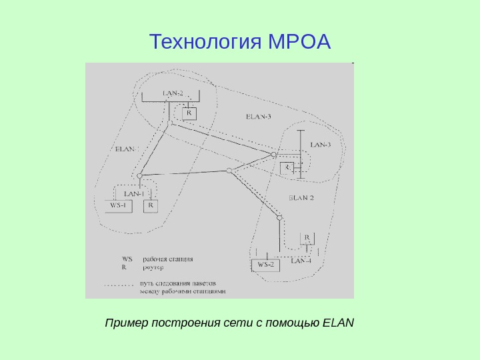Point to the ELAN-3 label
click(x=259, y=117)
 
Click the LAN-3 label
click(x=321, y=145)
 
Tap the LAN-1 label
click(x=133, y=193)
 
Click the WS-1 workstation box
click(x=119, y=206)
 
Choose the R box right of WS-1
click(x=151, y=206)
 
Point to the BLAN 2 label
click(x=301, y=197)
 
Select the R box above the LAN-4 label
click(x=307, y=237)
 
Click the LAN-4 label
click(x=301, y=261)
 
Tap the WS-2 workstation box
click(x=266, y=265)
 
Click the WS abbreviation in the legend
click(x=127, y=259)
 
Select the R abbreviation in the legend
click(x=124, y=266)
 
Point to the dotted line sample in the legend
click(x=119, y=283)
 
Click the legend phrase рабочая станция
click(x=168, y=259)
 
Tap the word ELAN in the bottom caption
click(x=338, y=324)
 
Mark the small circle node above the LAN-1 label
click(x=140, y=176)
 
